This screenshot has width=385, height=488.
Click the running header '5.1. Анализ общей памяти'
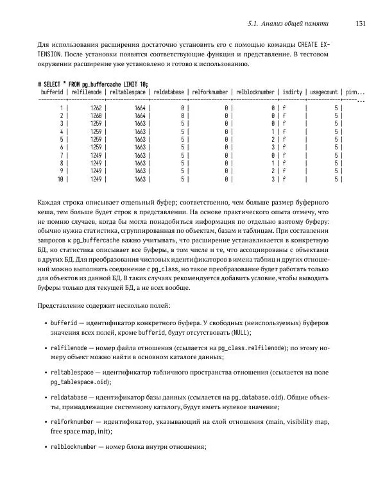(x=288, y=24)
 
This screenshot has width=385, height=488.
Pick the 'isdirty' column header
(x=293, y=92)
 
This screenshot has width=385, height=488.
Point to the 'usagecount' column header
(x=324, y=92)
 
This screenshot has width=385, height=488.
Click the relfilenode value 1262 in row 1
(x=96, y=109)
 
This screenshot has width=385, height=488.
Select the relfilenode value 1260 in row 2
(x=96, y=117)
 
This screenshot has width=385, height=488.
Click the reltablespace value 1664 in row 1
(x=140, y=109)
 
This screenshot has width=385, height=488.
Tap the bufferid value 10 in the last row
(x=60, y=180)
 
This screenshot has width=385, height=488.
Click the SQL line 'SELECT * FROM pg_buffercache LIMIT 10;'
(x=93, y=84)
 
